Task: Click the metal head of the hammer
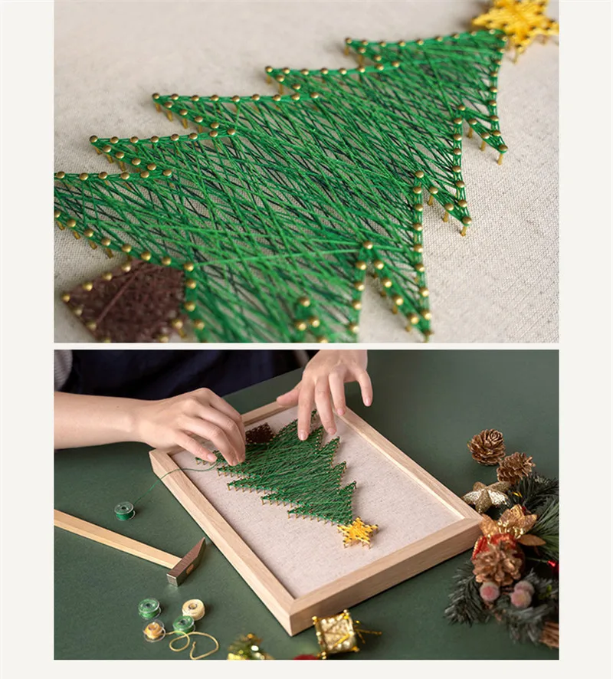point(187,561)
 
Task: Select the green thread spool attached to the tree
point(124,510)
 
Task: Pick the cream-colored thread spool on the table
point(194,608)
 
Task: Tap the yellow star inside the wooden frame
point(358,531)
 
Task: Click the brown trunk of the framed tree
point(259,435)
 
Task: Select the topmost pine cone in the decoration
point(487,446)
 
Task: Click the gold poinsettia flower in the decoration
point(515,524)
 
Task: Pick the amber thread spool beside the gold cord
point(155,630)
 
